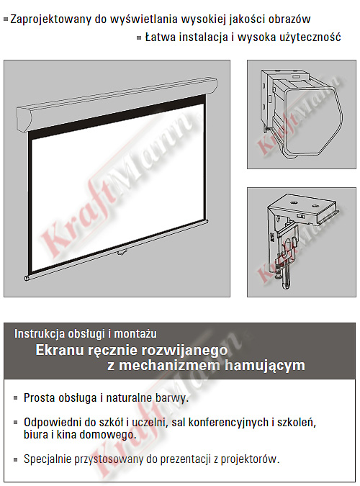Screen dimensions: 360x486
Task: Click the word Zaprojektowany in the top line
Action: [51, 19]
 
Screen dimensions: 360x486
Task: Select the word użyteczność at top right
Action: [310, 38]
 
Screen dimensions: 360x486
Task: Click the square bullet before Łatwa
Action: [139, 38]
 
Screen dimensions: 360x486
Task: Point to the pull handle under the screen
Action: [121, 253]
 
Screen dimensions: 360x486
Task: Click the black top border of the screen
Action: [117, 116]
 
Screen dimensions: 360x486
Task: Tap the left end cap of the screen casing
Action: [24, 119]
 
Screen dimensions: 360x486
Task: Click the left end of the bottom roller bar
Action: [27, 278]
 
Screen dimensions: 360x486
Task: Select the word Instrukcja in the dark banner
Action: [40, 334]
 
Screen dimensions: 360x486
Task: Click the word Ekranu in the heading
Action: [60, 350]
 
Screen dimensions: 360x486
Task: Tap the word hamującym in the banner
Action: [265, 366]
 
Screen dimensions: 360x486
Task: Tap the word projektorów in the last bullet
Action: [250, 459]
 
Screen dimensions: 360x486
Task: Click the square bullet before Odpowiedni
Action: [16, 422]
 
